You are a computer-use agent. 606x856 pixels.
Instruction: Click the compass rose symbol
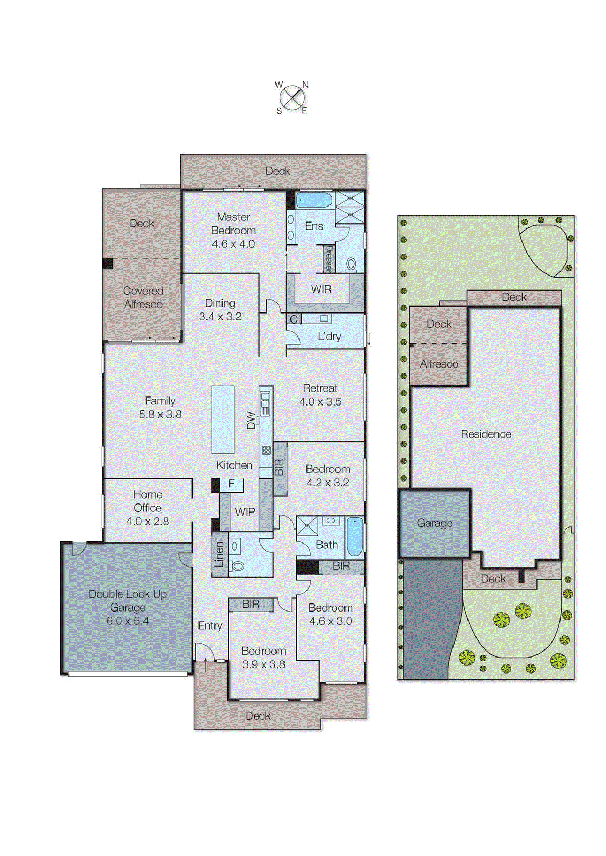click(x=292, y=98)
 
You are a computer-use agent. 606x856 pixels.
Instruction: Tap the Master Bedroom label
click(x=233, y=224)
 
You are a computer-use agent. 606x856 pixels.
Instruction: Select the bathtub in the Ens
click(x=314, y=201)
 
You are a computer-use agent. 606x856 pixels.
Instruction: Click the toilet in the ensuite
click(x=351, y=264)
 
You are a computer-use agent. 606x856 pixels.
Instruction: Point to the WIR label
click(x=321, y=289)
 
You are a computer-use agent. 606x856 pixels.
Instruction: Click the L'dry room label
click(x=329, y=337)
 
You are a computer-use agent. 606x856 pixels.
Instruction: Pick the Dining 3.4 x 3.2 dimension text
click(x=220, y=317)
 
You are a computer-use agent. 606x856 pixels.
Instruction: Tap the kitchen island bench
click(x=223, y=419)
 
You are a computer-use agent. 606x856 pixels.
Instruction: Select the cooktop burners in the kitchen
click(x=266, y=450)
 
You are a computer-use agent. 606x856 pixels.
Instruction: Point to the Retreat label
click(x=320, y=388)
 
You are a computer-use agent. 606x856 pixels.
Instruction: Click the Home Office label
click(x=148, y=501)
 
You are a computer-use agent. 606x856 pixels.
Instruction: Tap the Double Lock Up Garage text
click(x=127, y=601)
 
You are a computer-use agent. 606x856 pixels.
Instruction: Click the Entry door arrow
click(x=205, y=666)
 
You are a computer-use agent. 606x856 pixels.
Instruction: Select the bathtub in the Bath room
click(x=354, y=537)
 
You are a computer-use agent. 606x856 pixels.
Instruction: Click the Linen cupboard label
click(x=219, y=554)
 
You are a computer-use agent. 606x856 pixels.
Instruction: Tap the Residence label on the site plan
click(x=486, y=434)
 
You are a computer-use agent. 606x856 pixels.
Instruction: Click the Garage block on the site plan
click(x=434, y=523)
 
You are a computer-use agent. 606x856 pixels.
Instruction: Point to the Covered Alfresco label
click(x=143, y=297)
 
